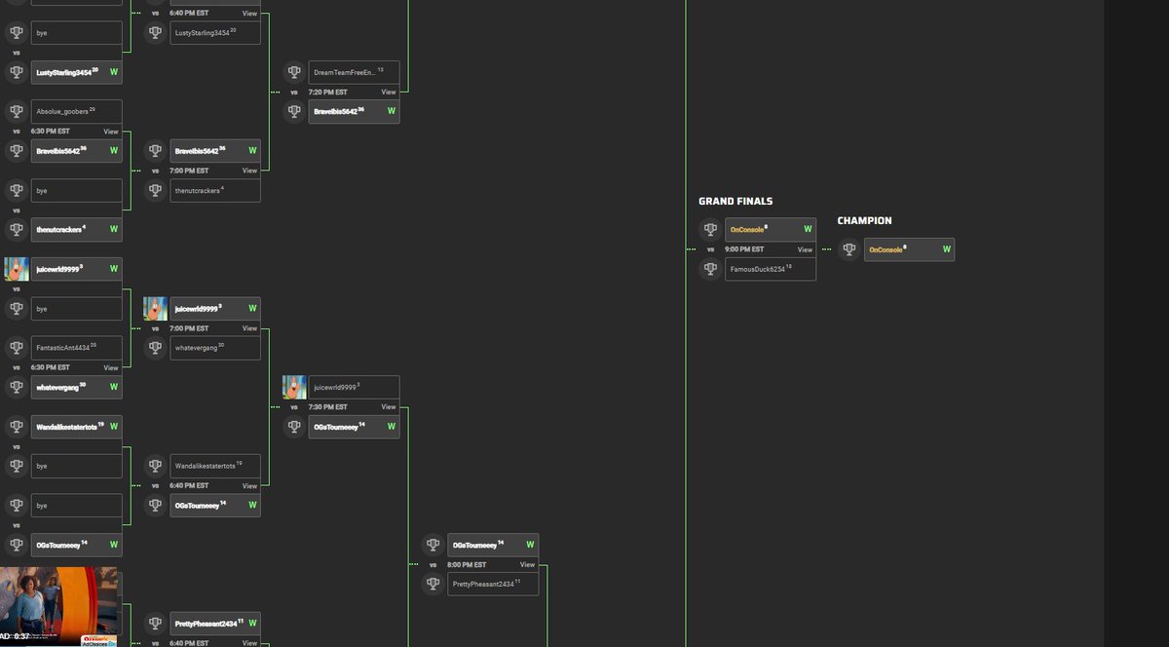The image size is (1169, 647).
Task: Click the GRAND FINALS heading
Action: [x=735, y=202]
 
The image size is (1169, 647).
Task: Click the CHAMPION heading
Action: [x=864, y=221]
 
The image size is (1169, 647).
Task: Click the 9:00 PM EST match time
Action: [x=744, y=249]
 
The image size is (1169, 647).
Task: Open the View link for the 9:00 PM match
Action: [x=805, y=249]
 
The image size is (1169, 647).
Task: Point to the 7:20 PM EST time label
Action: [x=327, y=92]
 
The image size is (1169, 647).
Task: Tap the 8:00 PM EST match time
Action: [x=467, y=564]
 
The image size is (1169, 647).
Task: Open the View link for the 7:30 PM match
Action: [x=389, y=406]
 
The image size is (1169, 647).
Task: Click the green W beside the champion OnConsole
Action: [x=946, y=249]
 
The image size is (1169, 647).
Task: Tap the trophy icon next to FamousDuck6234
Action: [x=710, y=269]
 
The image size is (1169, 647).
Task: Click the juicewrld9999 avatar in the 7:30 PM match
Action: [x=294, y=387]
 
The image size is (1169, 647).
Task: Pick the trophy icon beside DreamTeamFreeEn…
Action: [x=294, y=72]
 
